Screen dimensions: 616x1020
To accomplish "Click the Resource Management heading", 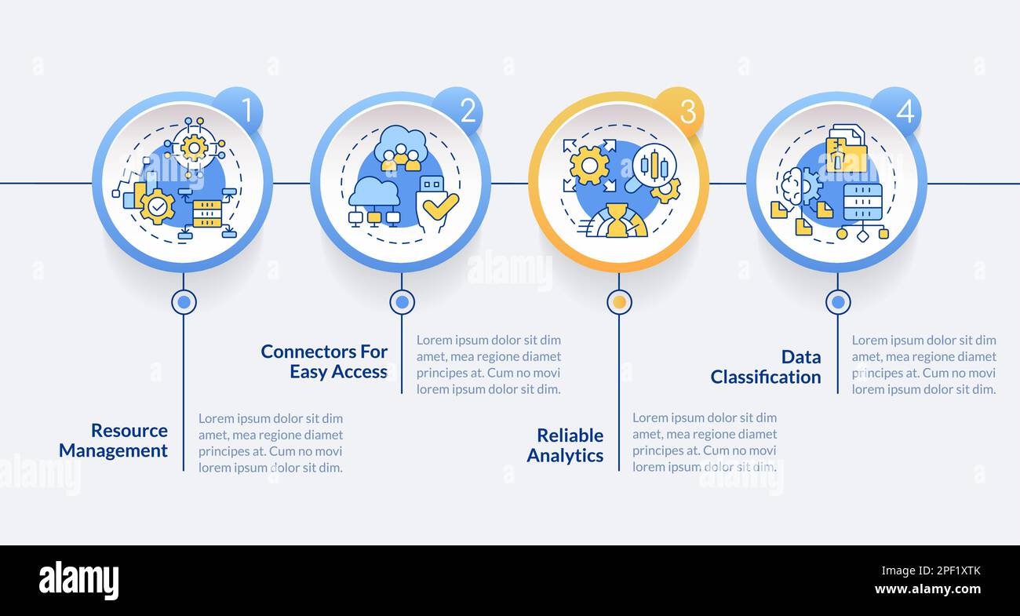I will click(113, 440).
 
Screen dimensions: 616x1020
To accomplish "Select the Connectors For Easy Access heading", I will click(324, 361).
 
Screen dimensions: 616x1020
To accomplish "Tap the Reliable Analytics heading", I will click(565, 445).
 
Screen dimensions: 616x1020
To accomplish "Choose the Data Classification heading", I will click(766, 366).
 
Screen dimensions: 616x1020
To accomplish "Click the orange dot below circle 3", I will click(619, 301).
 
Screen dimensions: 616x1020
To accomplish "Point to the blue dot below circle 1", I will click(184, 301).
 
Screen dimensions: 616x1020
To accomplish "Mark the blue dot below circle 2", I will click(402, 301).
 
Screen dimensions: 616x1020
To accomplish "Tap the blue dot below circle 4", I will click(837, 301).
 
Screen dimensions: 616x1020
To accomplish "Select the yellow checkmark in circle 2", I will click(440, 206).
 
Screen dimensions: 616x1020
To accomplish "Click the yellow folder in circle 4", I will click(846, 154).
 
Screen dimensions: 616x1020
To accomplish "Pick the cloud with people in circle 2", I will click(401, 148).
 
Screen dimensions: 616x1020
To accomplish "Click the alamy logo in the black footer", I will click(78, 581).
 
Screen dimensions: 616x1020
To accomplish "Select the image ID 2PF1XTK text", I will click(947, 571).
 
